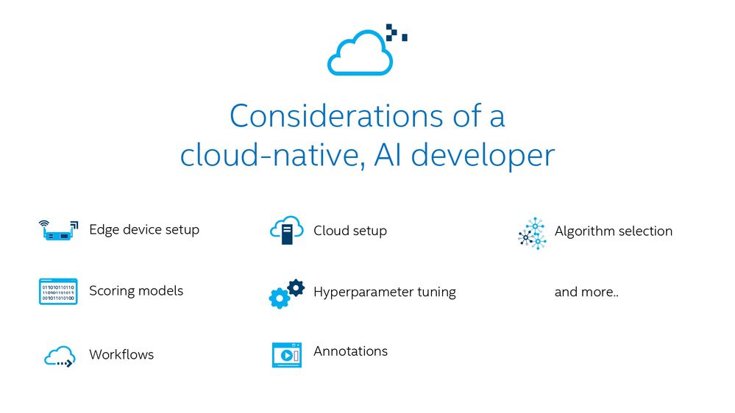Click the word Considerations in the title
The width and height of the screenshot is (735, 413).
pos(336,116)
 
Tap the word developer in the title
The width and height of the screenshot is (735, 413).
pos(483,156)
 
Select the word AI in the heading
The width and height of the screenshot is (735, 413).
pos(388,155)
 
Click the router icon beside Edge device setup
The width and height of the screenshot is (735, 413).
pos(58,230)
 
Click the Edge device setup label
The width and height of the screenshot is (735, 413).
pos(144,230)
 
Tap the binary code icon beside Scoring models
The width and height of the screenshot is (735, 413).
pos(58,291)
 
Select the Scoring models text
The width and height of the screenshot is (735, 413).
pos(136,291)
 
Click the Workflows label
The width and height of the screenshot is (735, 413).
pos(121,354)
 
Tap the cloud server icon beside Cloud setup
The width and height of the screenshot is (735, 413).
pos(286,230)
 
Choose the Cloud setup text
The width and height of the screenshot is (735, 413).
pos(350,230)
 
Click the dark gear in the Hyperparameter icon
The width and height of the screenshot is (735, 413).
pos(296,288)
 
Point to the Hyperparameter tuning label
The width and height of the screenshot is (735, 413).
pos(385,292)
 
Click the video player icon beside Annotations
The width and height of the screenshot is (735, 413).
pos(287,355)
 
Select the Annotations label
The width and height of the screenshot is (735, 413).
pos(351,351)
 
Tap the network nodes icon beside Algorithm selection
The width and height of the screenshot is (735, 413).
pos(532,233)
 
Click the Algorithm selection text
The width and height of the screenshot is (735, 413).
pos(614,231)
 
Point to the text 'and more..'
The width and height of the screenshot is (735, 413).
pos(586,292)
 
